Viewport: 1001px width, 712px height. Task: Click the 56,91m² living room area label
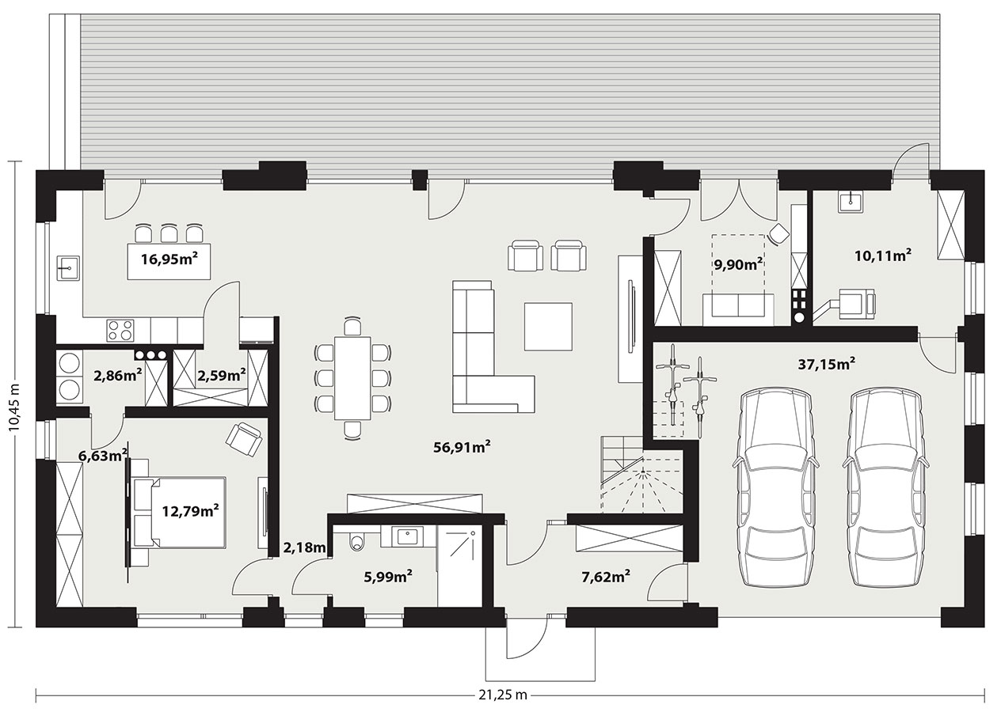462,446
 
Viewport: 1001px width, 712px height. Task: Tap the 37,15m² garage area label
827,364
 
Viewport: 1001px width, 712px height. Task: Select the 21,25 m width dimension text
503,695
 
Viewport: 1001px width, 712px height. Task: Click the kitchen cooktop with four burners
120,331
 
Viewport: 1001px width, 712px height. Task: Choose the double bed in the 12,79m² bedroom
180,512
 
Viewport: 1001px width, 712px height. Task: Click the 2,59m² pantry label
222,376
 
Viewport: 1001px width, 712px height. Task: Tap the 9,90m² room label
738,265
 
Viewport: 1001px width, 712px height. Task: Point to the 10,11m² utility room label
883,256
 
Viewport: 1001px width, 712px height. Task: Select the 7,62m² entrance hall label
606,577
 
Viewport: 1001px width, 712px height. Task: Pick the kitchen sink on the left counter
68,268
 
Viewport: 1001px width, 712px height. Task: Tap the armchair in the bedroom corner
244,439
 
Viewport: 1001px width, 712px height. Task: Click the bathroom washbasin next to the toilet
408,536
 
